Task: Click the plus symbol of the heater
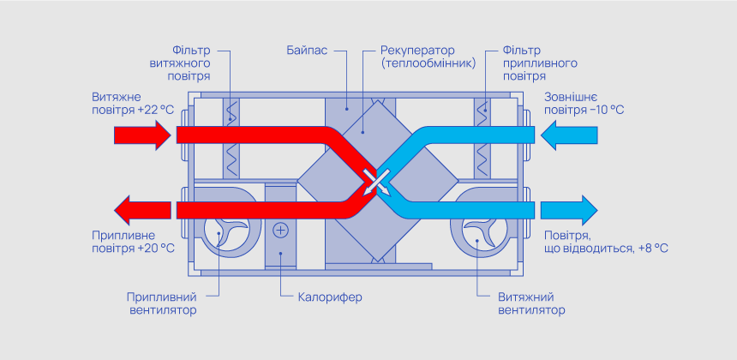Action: click(x=281, y=231)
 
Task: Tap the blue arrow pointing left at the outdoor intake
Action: click(x=566, y=135)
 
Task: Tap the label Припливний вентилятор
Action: click(x=162, y=303)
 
